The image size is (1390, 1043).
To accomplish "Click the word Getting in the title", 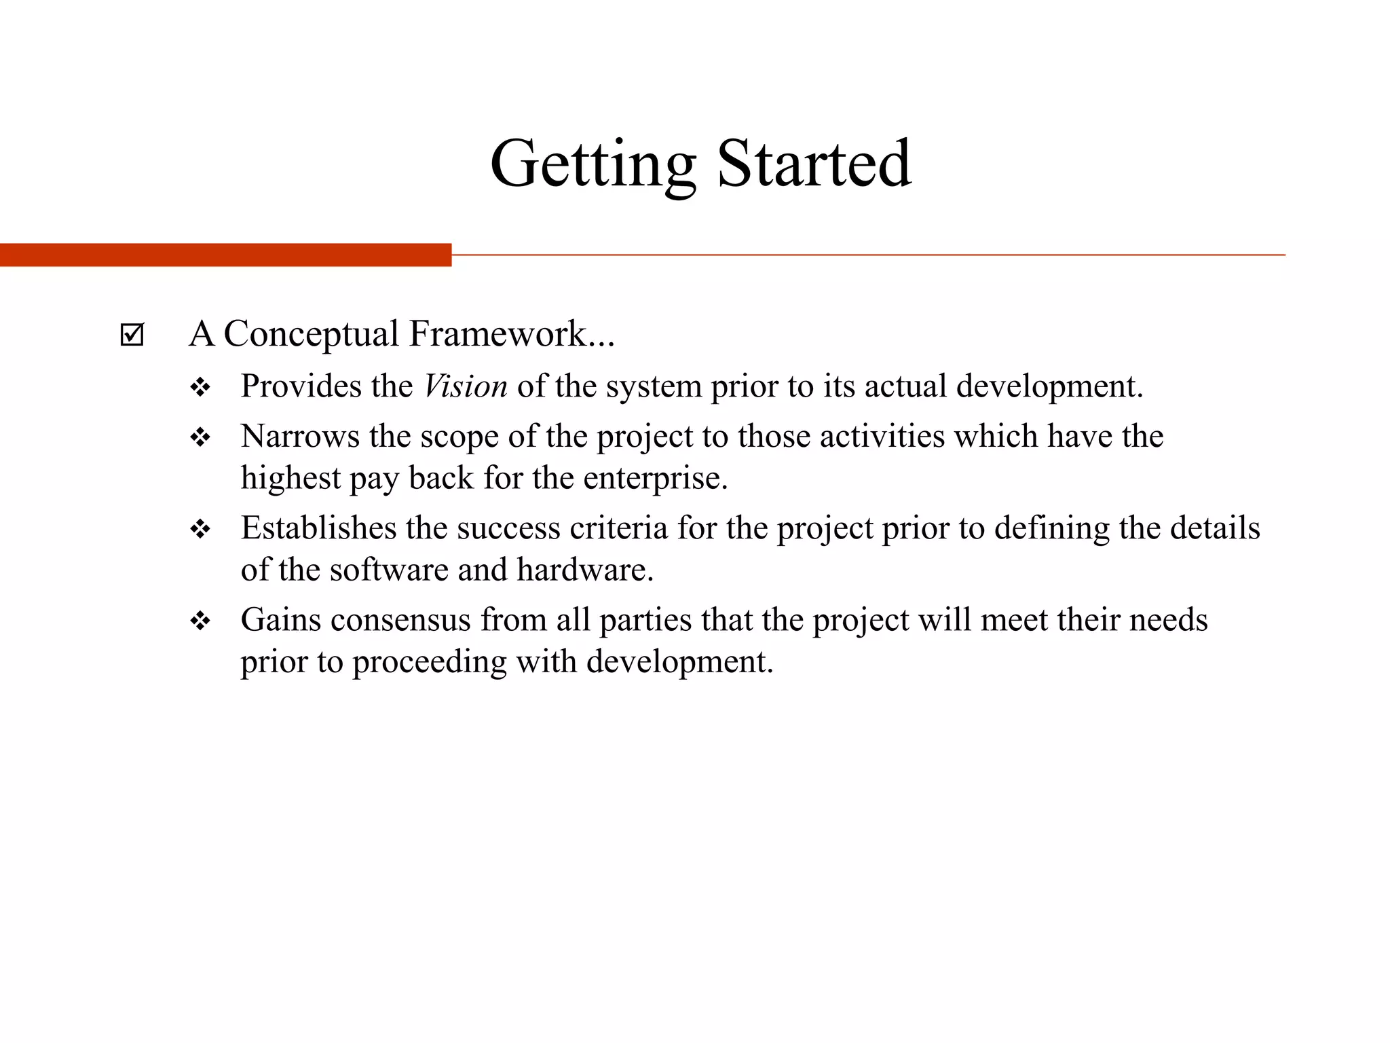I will (593, 164).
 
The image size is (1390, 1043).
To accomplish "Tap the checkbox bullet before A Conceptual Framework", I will (132, 335).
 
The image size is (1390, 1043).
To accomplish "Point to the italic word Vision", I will (466, 386).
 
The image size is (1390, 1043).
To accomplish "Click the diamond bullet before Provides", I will (200, 388).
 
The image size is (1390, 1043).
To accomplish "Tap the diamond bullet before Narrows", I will (200, 438).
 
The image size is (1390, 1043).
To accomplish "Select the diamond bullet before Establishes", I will (200, 530).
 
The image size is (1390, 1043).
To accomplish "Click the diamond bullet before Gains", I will (200, 621).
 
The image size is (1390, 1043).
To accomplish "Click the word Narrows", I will (300, 436).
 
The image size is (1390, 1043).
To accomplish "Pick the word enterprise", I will (654, 478).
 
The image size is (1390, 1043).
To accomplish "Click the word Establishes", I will (318, 528).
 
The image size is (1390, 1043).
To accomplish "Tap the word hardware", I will (584, 570).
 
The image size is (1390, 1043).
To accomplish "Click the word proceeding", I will (429, 662).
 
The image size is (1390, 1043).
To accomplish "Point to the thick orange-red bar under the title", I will (225, 255).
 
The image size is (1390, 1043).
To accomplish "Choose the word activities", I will (882, 436).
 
